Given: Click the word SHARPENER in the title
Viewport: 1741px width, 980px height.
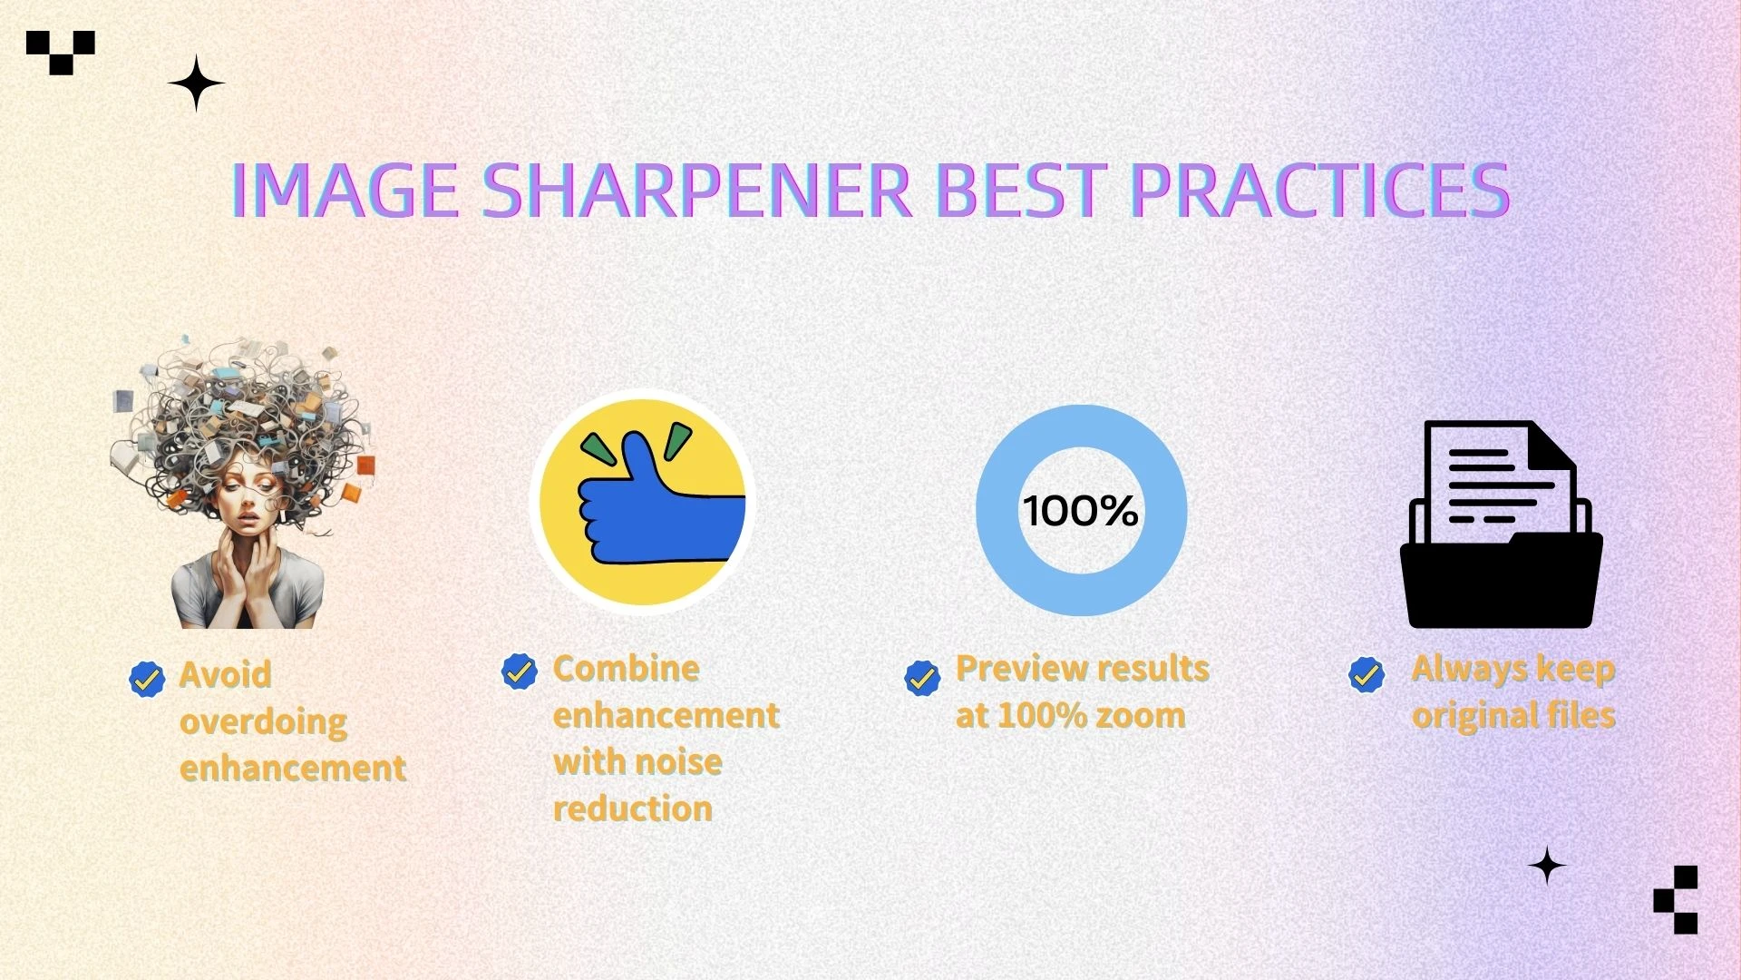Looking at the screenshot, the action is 696,191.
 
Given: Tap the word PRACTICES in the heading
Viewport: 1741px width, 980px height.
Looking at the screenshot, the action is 1320,191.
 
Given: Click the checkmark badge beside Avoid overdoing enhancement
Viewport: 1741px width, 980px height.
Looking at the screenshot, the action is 147,678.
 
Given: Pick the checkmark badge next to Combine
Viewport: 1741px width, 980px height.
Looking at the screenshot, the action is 520,671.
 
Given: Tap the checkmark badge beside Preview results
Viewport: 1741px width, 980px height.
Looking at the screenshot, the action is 922,678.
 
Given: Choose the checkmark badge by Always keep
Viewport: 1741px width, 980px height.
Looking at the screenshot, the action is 1367,674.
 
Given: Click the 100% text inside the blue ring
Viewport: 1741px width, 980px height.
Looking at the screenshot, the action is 1081,511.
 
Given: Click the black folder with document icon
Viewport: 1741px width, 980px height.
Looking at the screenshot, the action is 1502,524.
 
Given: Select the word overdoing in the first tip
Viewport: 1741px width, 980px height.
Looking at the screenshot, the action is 263,722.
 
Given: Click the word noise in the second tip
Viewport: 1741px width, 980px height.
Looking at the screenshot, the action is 680,761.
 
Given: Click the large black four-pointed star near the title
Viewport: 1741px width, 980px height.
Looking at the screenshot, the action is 196,83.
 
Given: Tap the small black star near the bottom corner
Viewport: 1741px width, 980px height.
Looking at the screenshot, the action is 1547,866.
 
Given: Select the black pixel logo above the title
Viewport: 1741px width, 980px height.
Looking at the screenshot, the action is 61,53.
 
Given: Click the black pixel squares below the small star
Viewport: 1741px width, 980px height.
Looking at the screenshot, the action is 1676,899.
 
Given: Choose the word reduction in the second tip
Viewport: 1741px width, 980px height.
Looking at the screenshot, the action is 633,808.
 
